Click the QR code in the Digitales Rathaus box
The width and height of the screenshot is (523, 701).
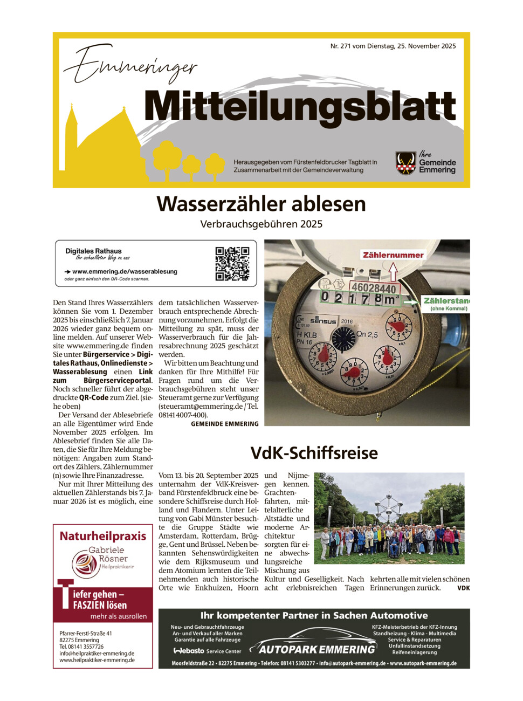[x=232, y=264]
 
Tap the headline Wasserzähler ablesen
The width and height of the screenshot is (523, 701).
[x=261, y=204]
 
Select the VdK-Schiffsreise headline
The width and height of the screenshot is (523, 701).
[x=314, y=453]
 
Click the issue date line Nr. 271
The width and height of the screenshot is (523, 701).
[x=393, y=46]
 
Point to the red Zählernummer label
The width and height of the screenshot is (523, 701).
[x=393, y=255]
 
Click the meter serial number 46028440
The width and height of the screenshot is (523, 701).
[x=373, y=288]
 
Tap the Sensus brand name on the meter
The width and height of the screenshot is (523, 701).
[x=323, y=321]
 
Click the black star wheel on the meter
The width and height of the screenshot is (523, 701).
[x=343, y=339]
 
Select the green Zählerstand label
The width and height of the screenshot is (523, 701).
[x=446, y=301]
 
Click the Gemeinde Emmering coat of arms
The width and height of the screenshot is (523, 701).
[x=405, y=163]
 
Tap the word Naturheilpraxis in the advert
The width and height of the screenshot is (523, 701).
[x=103, y=536]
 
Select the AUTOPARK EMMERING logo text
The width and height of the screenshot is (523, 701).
[x=316, y=649]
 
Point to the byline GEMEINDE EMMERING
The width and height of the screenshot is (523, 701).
[x=224, y=424]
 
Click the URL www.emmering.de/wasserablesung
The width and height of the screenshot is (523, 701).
[x=125, y=271]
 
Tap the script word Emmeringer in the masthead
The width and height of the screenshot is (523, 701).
[x=130, y=66]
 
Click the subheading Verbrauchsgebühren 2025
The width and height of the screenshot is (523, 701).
[x=261, y=224]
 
